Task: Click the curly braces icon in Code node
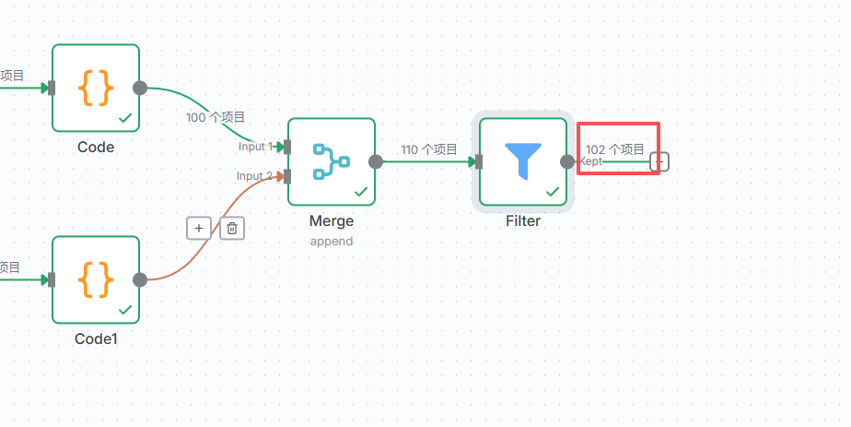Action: tap(96, 88)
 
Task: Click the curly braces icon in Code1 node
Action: tap(96, 279)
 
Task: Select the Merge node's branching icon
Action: tap(331, 161)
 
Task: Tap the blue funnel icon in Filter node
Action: tap(522, 161)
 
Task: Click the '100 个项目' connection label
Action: tap(216, 117)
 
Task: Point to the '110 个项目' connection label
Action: tap(429, 149)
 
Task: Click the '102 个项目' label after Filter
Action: tap(615, 149)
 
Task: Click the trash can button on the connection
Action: tap(232, 228)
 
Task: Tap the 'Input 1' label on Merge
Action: tap(256, 147)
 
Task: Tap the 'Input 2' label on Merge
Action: tap(255, 175)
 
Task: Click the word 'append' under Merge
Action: tap(331, 241)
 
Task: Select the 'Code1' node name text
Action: tap(96, 339)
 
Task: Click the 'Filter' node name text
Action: tap(522, 221)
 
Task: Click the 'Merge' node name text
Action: tap(331, 221)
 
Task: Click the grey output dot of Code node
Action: tap(140, 88)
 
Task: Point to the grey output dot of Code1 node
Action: tap(140, 279)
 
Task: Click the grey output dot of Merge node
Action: tap(376, 161)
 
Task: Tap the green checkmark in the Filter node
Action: tap(553, 192)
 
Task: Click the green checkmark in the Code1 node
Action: tap(125, 310)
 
